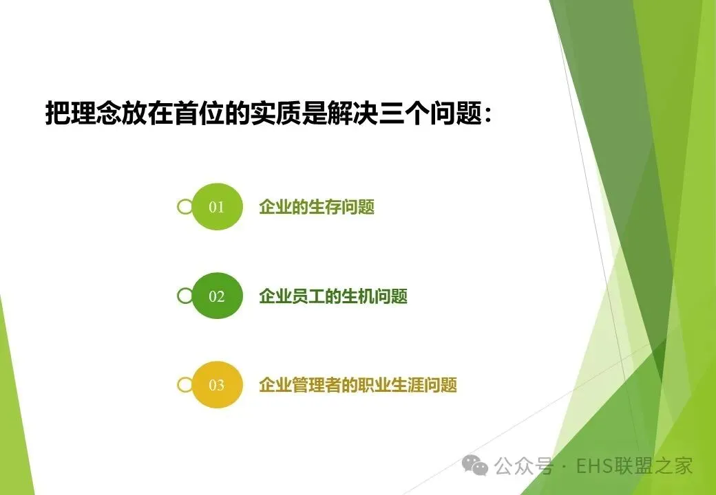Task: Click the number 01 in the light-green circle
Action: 216,208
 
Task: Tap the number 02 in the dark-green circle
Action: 216,297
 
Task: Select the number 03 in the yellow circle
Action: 216,386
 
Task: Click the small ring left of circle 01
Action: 185,207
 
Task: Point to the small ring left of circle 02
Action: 185,296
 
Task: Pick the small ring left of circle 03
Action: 185,385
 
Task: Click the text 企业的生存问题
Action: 317,207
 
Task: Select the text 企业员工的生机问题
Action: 333,296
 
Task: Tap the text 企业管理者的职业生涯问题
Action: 358,385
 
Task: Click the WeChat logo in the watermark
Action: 475,465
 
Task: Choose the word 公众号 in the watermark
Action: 523,466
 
